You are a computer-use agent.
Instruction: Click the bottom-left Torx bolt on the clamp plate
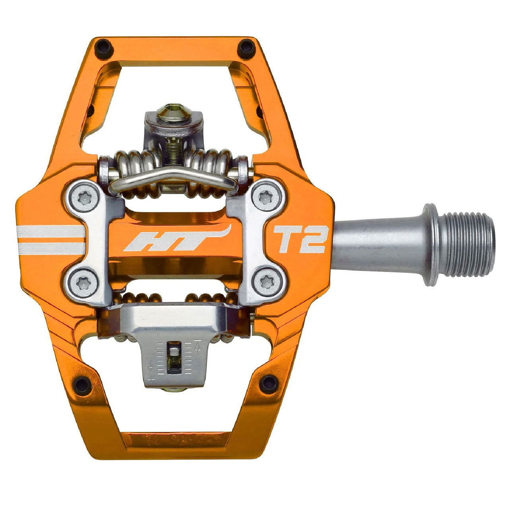(84, 284)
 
